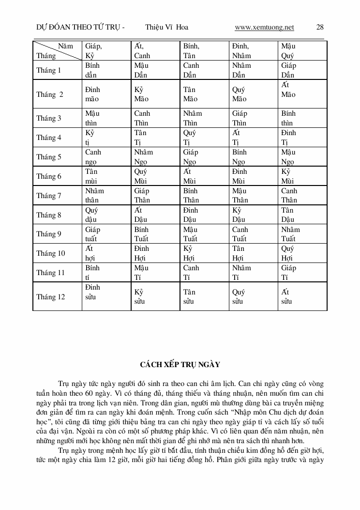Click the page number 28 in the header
click(x=320, y=28)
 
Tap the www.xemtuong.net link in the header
click(x=264, y=28)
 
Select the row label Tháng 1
click(x=49, y=70)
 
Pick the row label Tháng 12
click(x=51, y=297)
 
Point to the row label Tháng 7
click(x=49, y=196)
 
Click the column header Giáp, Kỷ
click(x=94, y=51)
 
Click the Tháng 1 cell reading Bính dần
click(x=92, y=70)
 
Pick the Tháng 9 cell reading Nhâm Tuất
click(x=290, y=234)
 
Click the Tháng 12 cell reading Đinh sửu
click(x=93, y=292)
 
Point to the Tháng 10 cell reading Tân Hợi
click(x=239, y=253)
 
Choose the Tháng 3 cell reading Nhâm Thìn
click(x=193, y=118)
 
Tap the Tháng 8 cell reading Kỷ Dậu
click(x=238, y=215)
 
